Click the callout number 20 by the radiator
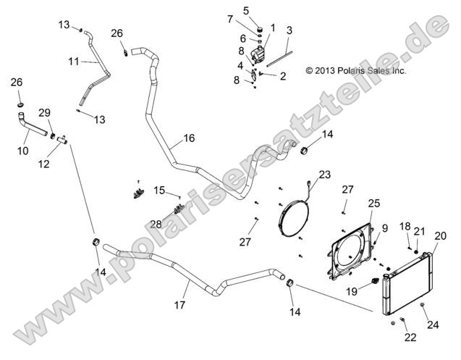tap(440, 235)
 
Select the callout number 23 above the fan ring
tap(323, 174)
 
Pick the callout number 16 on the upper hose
tap(189, 137)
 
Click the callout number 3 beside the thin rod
tap(289, 30)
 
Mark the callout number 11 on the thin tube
tap(74, 62)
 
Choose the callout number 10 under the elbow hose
tap(23, 151)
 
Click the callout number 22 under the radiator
tap(410, 337)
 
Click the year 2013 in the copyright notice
tap(332, 71)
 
